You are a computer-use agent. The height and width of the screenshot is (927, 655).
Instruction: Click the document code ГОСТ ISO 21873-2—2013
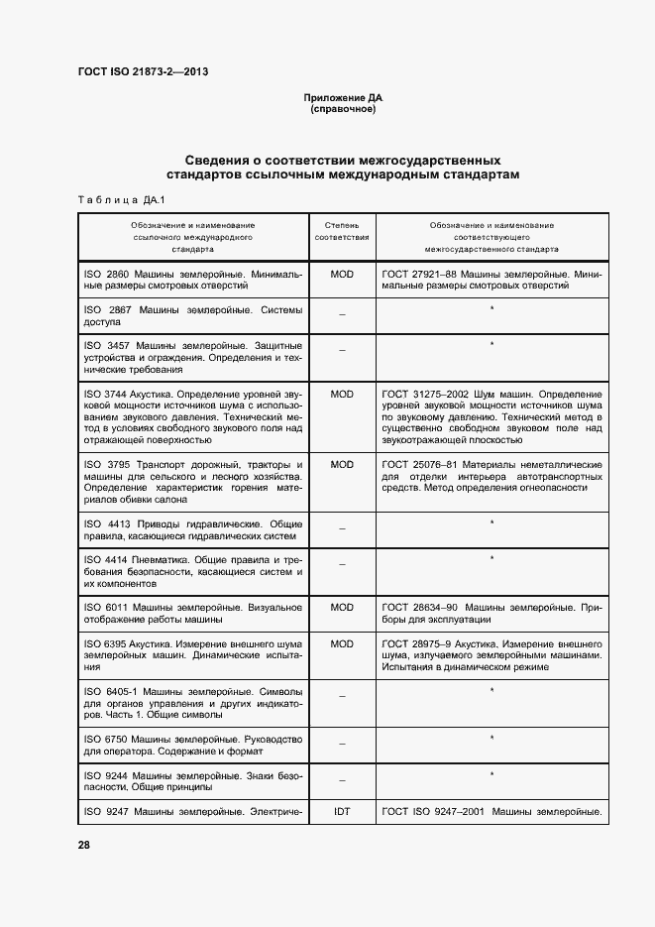click(142, 71)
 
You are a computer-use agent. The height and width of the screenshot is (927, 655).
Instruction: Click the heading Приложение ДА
click(343, 99)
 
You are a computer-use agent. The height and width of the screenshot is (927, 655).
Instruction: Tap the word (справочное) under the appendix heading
click(343, 109)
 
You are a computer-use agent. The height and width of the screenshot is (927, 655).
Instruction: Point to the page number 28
click(84, 845)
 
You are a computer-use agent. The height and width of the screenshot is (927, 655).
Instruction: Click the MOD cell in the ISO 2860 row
click(342, 273)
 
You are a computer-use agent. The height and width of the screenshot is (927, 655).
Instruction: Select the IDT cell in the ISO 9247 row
click(342, 812)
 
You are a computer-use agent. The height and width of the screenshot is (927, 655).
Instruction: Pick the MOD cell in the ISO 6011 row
click(342, 607)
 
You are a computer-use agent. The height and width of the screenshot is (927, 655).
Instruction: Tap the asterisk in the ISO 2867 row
click(491, 310)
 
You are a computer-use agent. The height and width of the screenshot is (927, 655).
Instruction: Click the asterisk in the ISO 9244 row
click(491, 773)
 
